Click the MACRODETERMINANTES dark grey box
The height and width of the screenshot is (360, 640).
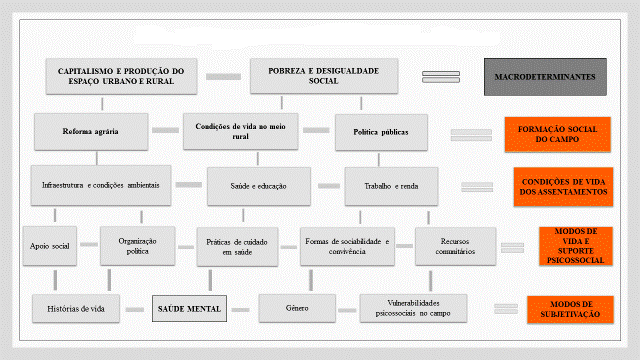[545, 77]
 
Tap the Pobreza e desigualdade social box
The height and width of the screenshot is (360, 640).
[324, 76]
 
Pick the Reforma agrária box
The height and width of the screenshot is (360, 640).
[92, 130]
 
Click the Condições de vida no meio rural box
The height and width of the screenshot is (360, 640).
[242, 130]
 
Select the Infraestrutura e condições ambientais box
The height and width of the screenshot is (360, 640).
[101, 185]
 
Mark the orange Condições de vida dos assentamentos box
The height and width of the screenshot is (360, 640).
[562, 186]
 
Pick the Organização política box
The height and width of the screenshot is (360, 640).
[138, 245]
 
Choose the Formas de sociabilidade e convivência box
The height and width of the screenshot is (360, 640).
[347, 245]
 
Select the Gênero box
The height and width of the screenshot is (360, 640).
[296, 307]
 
